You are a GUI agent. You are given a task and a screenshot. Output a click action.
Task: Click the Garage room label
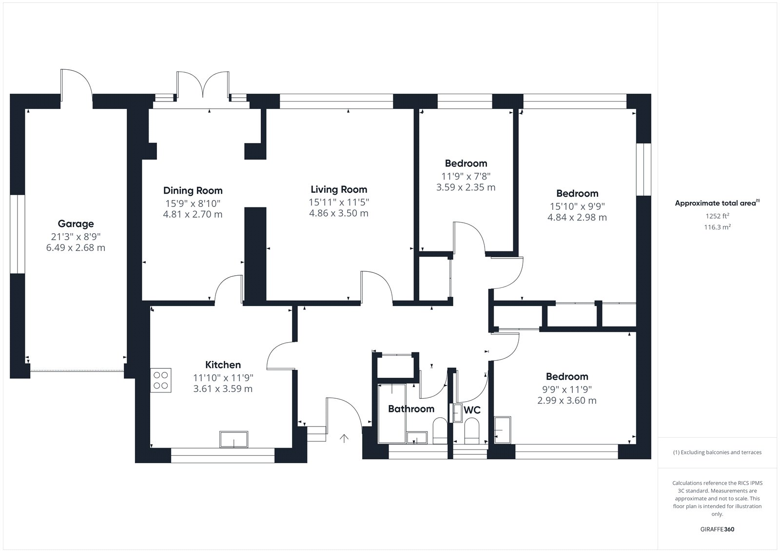(x=76, y=224)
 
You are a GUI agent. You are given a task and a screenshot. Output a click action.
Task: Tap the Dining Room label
(x=193, y=191)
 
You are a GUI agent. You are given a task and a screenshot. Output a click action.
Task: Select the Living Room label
(x=339, y=190)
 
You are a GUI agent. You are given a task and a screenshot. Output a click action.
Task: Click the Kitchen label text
(x=223, y=365)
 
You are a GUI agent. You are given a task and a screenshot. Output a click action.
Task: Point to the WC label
(x=472, y=410)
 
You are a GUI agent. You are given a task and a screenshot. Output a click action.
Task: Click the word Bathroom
(x=411, y=409)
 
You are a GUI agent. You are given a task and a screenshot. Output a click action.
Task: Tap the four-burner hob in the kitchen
(x=161, y=380)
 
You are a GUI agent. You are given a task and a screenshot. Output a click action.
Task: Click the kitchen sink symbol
(x=234, y=439)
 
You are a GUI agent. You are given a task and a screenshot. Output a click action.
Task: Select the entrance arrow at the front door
(x=344, y=438)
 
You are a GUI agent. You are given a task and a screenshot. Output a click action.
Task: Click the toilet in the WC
(x=472, y=430)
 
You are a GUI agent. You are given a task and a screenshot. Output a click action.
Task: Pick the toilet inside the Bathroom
(x=440, y=430)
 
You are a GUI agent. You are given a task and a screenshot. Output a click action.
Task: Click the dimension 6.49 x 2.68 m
(x=76, y=247)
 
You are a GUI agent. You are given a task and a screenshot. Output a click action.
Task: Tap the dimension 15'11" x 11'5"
(x=339, y=202)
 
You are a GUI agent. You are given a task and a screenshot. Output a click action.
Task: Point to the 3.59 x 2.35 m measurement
(x=466, y=187)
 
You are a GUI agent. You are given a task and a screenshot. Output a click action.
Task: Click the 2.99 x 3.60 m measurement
(x=567, y=400)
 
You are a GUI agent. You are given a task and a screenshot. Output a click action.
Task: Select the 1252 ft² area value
(x=717, y=216)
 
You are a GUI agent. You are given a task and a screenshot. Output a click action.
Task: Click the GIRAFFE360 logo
(x=717, y=529)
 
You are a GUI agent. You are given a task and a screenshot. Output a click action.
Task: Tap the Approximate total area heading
(x=717, y=203)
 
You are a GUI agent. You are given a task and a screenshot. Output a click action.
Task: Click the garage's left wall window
(x=18, y=234)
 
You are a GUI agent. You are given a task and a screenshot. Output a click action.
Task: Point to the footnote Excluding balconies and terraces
(x=717, y=452)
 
